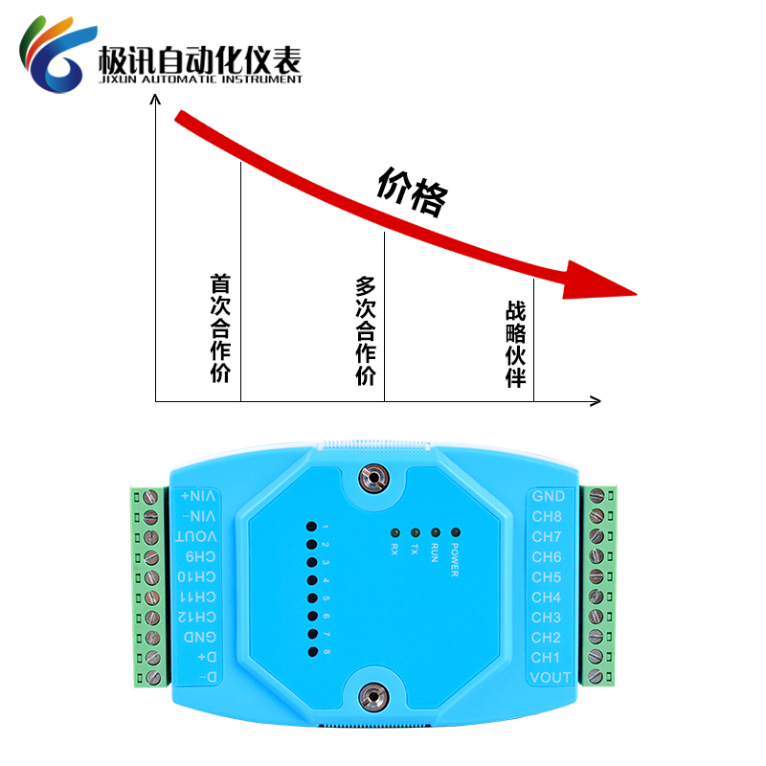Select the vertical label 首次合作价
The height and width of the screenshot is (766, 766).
click(x=221, y=328)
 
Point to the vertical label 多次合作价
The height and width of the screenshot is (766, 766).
click(x=366, y=330)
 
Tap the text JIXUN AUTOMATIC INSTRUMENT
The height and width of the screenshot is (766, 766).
click(x=200, y=79)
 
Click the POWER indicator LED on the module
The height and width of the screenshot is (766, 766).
click(x=455, y=532)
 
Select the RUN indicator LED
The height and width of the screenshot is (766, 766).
click(x=435, y=532)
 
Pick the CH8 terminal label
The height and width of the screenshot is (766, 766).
click(x=547, y=517)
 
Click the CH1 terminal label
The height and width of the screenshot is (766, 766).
click(x=546, y=658)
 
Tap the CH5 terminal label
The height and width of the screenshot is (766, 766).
click(x=547, y=577)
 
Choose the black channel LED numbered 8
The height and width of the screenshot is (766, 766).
click(x=312, y=652)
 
